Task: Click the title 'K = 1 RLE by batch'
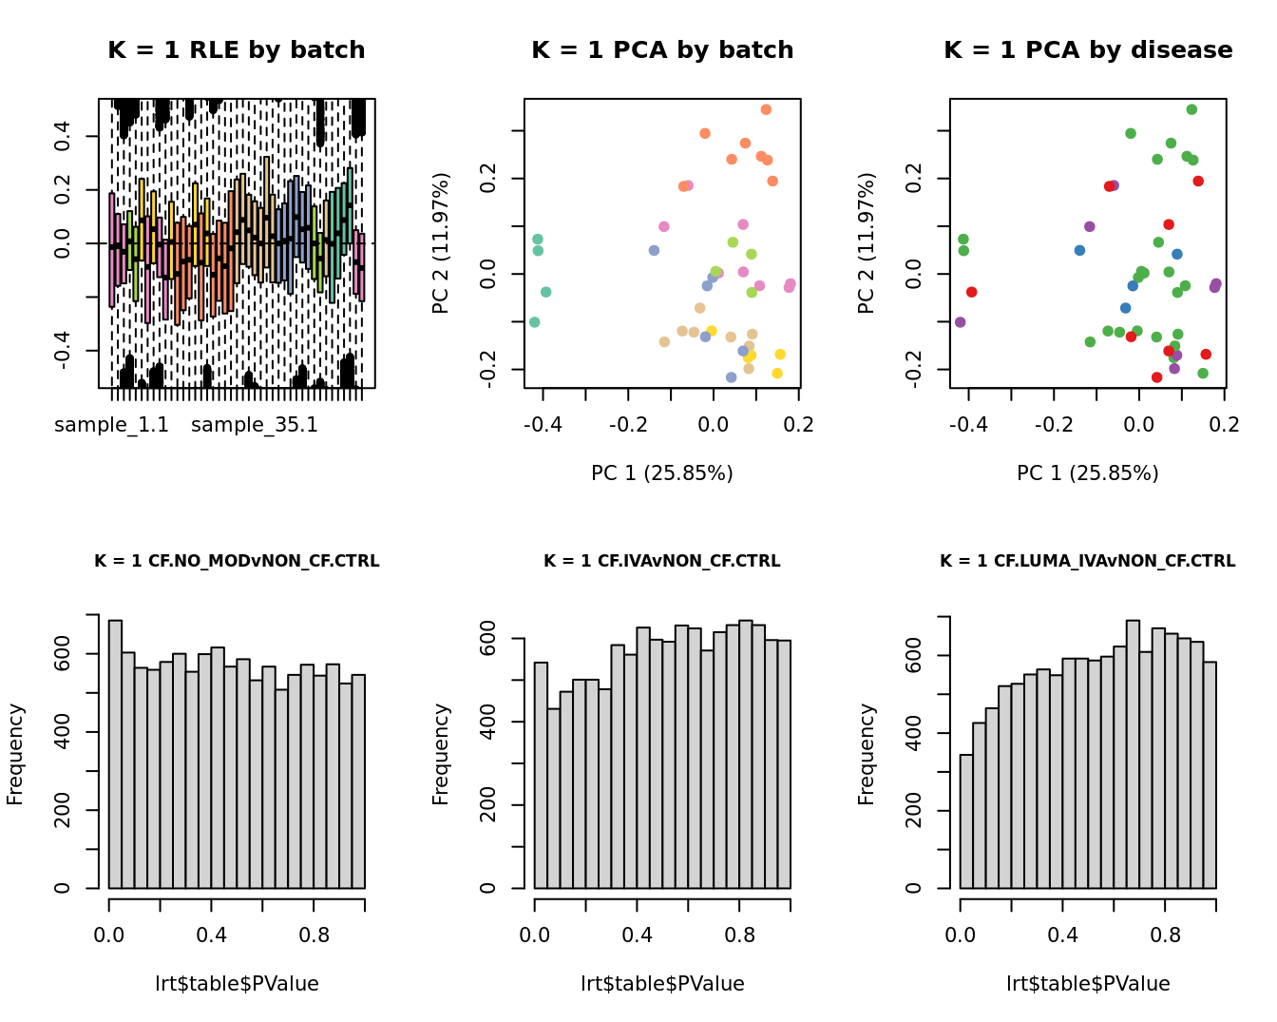(x=236, y=50)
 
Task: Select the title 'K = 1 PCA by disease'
(x=1088, y=50)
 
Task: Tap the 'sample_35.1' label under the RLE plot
(x=255, y=425)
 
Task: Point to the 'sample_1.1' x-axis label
(x=111, y=425)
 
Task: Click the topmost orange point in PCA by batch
(x=766, y=109)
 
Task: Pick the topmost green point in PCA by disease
(x=1191, y=109)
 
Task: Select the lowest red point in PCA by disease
(x=1156, y=377)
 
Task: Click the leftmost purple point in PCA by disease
(x=960, y=322)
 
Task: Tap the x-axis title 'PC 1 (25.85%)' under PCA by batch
(x=662, y=472)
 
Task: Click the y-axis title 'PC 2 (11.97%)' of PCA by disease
(x=867, y=243)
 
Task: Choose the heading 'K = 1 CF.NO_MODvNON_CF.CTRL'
(x=237, y=561)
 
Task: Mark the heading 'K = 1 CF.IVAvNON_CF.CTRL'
(x=662, y=561)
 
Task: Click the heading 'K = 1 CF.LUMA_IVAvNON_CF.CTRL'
(x=1088, y=561)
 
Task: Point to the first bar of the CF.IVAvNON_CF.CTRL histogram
(x=541, y=775)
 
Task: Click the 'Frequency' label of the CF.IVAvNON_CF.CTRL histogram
(x=441, y=754)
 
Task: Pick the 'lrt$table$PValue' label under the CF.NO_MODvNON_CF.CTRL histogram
(x=237, y=984)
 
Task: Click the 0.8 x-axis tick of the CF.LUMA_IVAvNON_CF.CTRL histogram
(x=1165, y=935)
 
